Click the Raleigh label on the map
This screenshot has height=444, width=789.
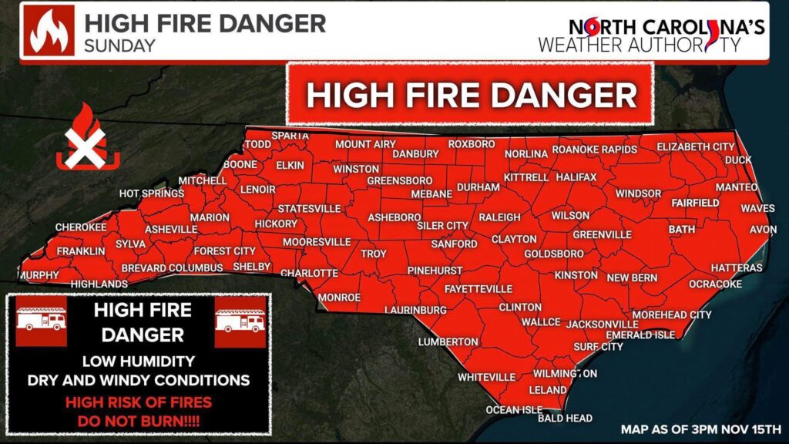click(x=499, y=218)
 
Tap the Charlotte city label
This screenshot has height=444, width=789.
click(x=309, y=273)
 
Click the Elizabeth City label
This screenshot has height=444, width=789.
click(x=695, y=146)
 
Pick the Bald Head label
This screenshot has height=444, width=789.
click(x=565, y=418)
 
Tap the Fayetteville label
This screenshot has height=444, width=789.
click(x=478, y=289)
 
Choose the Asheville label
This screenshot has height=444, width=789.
click(x=171, y=230)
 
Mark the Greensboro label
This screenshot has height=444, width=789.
click(x=381, y=180)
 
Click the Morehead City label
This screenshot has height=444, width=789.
click(x=672, y=314)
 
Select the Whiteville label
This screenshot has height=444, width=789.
click(x=486, y=377)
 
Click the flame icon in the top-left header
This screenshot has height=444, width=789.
click(x=49, y=30)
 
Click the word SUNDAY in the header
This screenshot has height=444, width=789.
click(x=119, y=45)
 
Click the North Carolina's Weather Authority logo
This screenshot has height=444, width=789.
click(x=651, y=35)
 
